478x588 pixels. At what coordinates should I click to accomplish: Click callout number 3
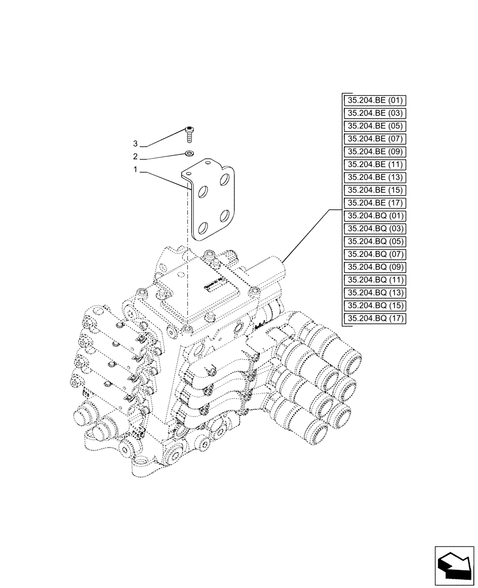point(135,144)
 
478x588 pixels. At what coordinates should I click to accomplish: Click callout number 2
point(135,157)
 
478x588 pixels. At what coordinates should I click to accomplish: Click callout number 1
point(135,170)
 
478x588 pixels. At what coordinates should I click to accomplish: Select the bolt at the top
point(189,134)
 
